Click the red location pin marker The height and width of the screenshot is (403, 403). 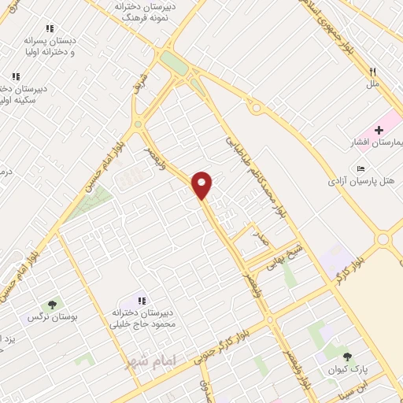[x=202, y=184]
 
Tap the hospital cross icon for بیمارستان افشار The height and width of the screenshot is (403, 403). [x=379, y=130]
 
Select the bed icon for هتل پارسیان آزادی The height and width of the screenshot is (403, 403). [x=360, y=168]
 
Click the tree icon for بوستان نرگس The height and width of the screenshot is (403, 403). [x=52, y=305]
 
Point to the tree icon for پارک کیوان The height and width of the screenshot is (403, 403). [x=347, y=357]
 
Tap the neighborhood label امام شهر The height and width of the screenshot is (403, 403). [x=153, y=359]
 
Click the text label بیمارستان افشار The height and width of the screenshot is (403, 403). [x=375, y=143]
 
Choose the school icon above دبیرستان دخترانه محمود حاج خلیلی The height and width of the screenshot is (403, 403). [x=142, y=301]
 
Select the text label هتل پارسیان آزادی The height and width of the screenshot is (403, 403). [x=363, y=182]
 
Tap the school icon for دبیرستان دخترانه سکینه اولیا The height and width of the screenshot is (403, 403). [x=15, y=77]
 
